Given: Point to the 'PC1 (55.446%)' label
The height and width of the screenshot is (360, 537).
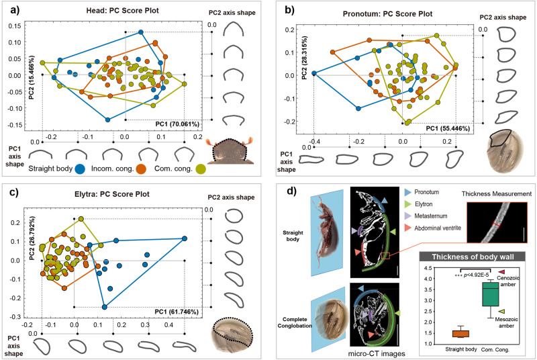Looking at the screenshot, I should tap(440, 126).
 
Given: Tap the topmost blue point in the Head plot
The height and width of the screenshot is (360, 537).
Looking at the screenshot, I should tap(141, 32).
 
